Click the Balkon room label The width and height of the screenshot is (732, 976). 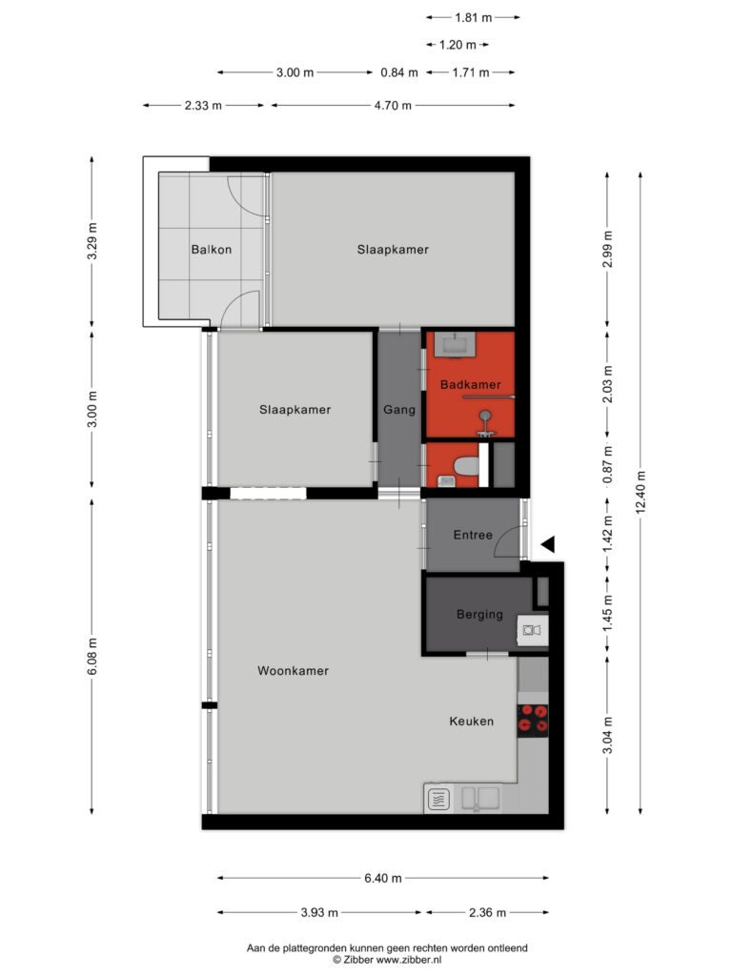(211, 250)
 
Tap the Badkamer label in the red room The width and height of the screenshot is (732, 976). (470, 385)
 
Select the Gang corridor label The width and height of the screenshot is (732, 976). (399, 410)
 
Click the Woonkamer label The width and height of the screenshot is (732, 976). (293, 670)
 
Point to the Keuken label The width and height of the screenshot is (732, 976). (471, 721)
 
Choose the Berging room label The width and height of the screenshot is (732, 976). (479, 615)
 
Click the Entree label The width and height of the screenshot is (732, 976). (473, 535)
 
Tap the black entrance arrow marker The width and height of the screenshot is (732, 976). (548, 544)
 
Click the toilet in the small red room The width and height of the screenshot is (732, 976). (465, 465)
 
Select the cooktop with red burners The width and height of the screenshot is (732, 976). (533, 718)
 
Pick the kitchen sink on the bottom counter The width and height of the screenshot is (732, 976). (480, 798)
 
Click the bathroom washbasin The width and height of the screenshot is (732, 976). (455, 344)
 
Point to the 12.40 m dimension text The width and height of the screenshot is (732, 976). (640, 492)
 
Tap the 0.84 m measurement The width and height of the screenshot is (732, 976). (399, 72)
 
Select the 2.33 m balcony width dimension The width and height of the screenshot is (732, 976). (203, 105)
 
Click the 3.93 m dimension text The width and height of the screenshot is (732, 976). (319, 912)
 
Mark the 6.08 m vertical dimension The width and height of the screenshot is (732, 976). (92, 656)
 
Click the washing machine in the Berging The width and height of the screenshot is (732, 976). (532, 631)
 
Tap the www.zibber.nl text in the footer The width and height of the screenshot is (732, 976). (409, 959)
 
